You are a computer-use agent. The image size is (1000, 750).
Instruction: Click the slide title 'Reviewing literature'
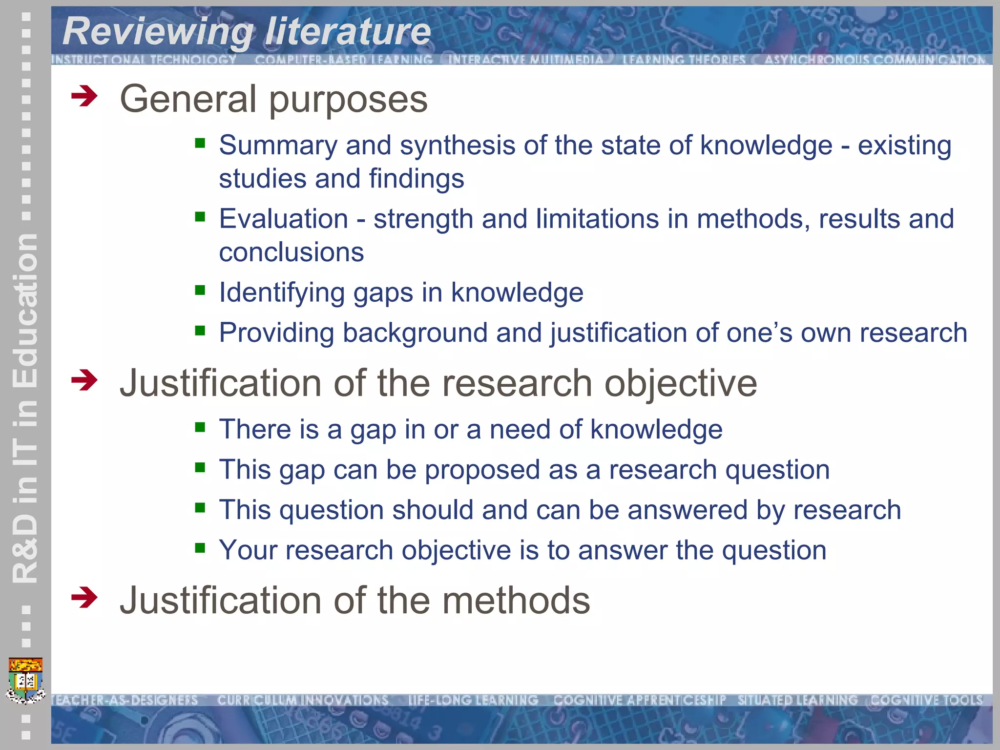[247, 32]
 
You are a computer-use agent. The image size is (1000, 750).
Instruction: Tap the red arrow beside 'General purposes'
[84, 96]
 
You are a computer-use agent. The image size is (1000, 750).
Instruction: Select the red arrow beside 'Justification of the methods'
[84, 597]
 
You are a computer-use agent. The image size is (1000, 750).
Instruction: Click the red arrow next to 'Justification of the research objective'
[84, 380]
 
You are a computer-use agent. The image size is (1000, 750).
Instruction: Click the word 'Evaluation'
[283, 219]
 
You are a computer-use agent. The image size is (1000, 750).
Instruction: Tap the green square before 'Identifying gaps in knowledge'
[200, 291]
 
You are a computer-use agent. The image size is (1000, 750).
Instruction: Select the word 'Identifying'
[282, 293]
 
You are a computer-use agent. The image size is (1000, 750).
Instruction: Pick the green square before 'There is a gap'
[200, 428]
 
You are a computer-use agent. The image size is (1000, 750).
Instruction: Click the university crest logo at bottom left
[26, 681]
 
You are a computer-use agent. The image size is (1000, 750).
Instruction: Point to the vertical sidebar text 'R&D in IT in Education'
[24, 408]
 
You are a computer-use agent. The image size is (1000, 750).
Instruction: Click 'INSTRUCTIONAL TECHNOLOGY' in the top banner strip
[144, 60]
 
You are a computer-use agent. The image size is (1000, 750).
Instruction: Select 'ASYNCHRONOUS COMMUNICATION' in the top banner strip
[875, 60]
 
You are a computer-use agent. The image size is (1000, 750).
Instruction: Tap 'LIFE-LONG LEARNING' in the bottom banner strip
[473, 700]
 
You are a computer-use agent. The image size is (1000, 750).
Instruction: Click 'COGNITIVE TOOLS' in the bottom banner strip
[926, 700]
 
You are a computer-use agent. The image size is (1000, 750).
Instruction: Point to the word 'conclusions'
[291, 252]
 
